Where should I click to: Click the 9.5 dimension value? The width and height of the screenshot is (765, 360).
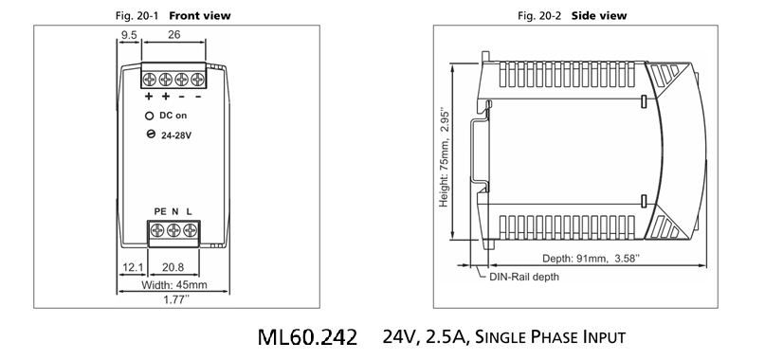click(129, 35)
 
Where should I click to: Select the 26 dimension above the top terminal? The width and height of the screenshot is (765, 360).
click(173, 35)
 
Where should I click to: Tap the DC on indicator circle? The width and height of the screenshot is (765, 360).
click(149, 116)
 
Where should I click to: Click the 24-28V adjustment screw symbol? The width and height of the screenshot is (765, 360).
click(151, 135)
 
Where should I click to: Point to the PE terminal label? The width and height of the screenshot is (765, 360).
click(160, 211)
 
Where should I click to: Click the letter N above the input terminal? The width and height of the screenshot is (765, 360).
click(175, 211)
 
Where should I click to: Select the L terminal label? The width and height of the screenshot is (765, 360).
click(190, 211)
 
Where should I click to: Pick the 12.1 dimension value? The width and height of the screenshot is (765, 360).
click(133, 267)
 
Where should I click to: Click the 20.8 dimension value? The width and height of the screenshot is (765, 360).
click(173, 267)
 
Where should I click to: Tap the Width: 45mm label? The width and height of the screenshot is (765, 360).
click(174, 285)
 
